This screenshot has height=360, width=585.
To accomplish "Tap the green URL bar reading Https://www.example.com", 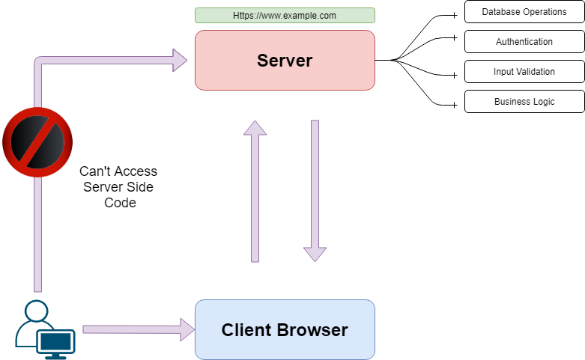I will [285, 15].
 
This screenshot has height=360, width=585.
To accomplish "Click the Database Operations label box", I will [524, 12].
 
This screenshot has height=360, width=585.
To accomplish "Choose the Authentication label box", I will [524, 42].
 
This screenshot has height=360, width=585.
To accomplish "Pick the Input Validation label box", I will [524, 72].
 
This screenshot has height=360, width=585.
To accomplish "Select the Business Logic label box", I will [524, 102].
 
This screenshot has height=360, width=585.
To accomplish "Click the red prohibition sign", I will [37, 142].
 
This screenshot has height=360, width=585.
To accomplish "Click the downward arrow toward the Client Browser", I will [315, 190].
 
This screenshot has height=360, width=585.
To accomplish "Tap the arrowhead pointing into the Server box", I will [181, 60].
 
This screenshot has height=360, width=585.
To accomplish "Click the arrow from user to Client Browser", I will [135, 329].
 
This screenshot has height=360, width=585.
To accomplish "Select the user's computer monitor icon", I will [57, 343].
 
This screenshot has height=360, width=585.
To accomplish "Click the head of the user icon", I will [35, 311].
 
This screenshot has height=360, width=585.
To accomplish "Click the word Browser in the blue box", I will [312, 330].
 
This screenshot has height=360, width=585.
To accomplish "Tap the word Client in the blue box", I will [246, 330].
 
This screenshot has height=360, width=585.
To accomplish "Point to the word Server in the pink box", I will [285, 61].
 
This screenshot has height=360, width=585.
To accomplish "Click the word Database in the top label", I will [501, 12].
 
